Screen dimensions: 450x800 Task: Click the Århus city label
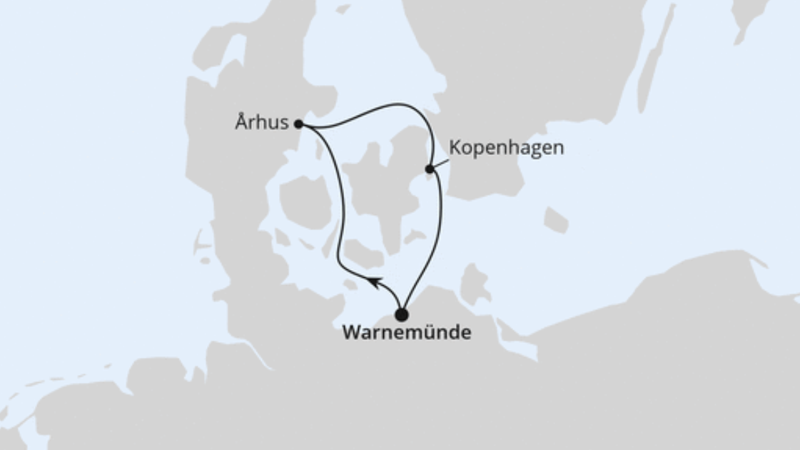pos(262,123)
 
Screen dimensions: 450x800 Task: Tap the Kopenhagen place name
pos(506,148)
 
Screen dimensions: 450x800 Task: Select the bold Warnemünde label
pos(407,333)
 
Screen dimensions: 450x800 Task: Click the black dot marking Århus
pos(299,124)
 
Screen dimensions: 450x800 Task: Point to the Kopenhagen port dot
pos(430,169)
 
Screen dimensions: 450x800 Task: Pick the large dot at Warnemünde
pos(402,314)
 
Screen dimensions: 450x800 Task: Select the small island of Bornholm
pos(555,219)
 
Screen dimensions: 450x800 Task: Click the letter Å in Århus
pos(241,122)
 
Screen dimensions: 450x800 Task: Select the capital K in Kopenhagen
pos(454,148)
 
